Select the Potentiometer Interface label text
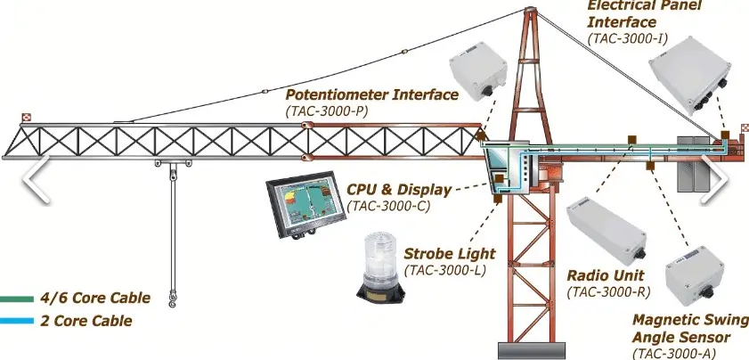[x=371, y=94]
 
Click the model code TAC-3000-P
[x=327, y=110]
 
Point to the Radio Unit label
[x=606, y=275]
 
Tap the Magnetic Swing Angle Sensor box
[x=695, y=275]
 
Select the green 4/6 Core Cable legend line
[x=17, y=299]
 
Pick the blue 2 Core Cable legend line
[x=17, y=321]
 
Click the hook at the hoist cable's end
[x=172, y=300]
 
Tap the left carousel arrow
[x=37, y=179]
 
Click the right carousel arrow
[x=714, y=179]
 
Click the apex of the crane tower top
[x=530, y=10]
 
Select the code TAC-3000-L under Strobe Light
[x=444, y=270]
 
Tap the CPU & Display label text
[x=399, y=190]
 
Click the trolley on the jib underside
[x=173, y=164]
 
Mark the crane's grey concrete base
[x=531, y=351]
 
